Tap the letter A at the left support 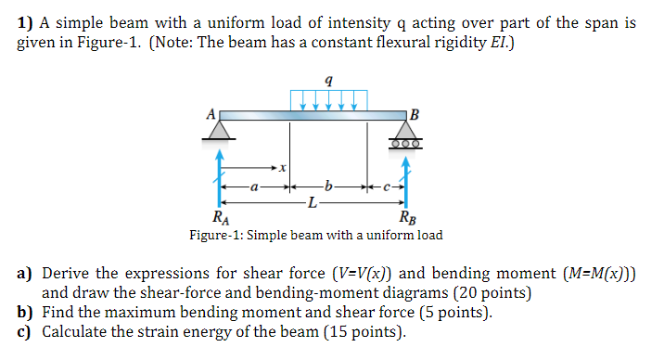(x=211, y=112)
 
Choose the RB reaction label (x=406, y=220)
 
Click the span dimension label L (x=313, y=201)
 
